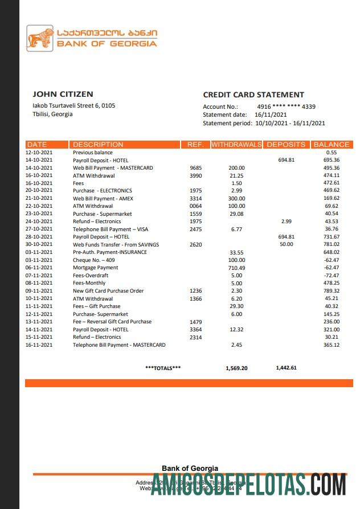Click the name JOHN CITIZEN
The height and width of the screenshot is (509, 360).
point(63,95)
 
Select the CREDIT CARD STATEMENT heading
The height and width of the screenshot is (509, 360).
point(253,95)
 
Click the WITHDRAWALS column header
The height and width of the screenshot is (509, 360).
point(236,145)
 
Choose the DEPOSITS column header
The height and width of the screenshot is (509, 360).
point(287,145)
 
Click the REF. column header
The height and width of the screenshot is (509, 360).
point(195,145)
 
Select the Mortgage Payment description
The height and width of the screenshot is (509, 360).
point(95,268)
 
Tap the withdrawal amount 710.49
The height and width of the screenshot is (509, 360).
point(236,268)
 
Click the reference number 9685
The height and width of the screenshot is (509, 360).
point(195,168)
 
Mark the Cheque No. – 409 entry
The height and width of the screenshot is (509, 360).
point(93,260)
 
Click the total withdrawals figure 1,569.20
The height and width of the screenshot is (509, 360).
point(236,368)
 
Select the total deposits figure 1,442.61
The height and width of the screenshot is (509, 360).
point(286,368)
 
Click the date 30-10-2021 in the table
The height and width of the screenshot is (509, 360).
point(39,244)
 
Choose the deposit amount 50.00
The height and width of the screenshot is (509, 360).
point(286,244)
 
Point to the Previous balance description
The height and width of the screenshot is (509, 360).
point(93,153)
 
